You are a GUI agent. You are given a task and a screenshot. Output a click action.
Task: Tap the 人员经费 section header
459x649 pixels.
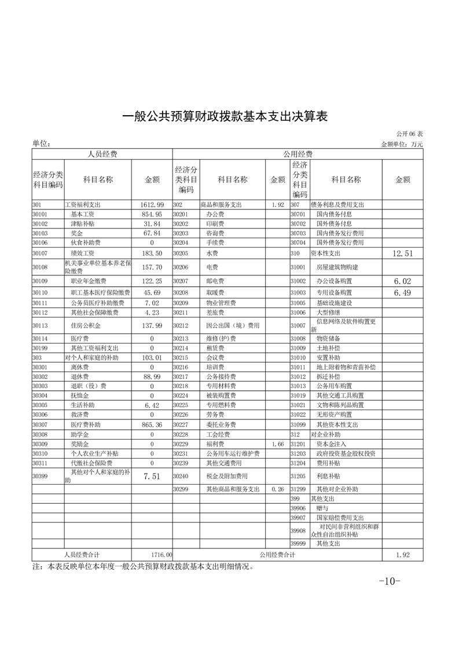(102, 154)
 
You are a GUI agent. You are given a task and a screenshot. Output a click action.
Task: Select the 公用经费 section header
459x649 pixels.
(298, 154)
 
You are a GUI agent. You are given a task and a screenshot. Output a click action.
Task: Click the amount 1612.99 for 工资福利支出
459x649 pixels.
(152, 205)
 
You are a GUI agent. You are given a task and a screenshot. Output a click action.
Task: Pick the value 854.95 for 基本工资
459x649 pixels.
(152, 214)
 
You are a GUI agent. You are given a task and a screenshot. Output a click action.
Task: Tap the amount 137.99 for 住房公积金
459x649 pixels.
(152, 326)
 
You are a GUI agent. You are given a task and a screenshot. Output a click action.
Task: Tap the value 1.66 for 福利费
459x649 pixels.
(277, 444)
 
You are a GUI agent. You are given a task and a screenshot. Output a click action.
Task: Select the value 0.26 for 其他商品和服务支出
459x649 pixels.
(277, 489)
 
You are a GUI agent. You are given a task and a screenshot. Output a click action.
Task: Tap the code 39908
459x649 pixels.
(298, 530)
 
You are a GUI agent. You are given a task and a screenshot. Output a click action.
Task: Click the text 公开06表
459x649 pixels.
(410, 134)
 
